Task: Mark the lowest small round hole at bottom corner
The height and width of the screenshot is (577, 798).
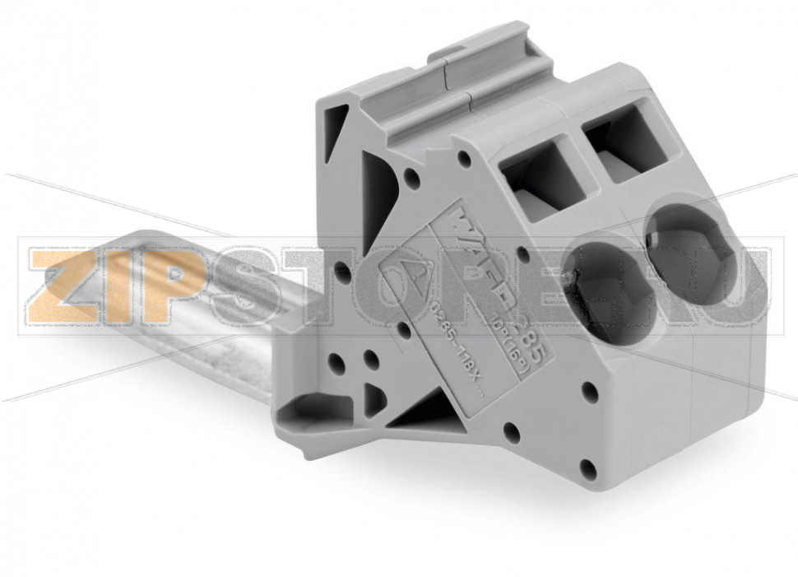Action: [x=587, y=470]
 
